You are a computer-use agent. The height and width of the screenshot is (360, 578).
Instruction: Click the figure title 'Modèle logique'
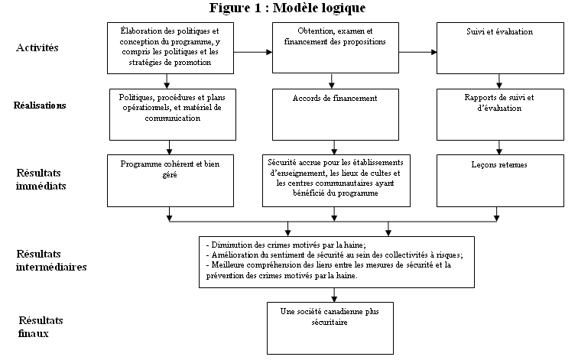tap(320, 8)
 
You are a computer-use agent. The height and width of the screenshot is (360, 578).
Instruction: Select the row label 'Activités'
tap(37, 47)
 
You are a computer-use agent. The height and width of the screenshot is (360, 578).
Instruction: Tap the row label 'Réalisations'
tap(40, 105)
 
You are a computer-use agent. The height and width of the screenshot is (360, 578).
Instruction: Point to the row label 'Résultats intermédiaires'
tap(51, 261)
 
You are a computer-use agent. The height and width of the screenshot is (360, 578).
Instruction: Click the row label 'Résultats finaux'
tap(41, 327)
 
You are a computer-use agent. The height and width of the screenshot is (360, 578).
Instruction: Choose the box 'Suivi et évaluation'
tap(500, 48)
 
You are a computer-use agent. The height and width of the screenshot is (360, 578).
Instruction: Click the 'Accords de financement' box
tap(336, 114)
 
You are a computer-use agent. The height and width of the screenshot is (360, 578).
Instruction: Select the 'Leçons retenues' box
tap(500, 180)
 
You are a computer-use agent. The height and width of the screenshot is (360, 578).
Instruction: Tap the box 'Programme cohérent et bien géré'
tap(170, 180)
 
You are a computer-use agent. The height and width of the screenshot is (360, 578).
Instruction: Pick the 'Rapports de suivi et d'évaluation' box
tap(500, 114)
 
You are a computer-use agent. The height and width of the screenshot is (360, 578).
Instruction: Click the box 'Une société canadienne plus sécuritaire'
tap(330, 328)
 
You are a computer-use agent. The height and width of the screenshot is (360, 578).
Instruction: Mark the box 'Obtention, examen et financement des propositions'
tap(336, 47)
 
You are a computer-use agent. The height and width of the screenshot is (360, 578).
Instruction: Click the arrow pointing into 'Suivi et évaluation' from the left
tap(418, 52)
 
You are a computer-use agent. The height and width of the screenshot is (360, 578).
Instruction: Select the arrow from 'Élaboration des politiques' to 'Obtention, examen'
tap(253, 52)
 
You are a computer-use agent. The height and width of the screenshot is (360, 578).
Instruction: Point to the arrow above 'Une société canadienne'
tap(334, 295)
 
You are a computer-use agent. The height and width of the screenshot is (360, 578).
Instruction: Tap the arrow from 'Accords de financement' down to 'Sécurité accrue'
tap(334, 148)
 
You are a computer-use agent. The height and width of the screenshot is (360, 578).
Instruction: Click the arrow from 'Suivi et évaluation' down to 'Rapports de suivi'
tap(499, 82)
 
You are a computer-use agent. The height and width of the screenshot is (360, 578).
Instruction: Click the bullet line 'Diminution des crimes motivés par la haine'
tap(286, 245)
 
